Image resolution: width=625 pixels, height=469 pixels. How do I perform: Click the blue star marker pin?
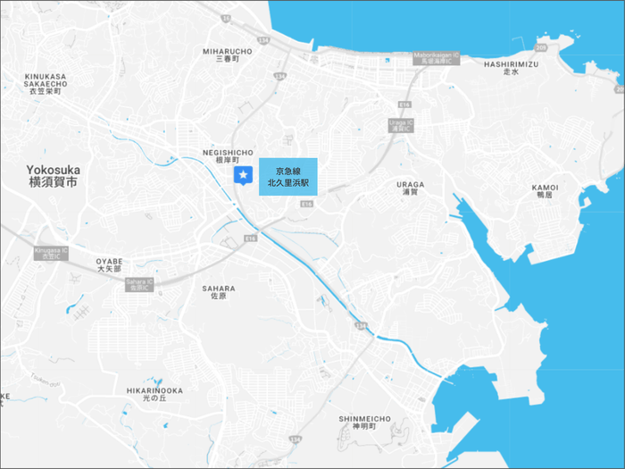(242, 176)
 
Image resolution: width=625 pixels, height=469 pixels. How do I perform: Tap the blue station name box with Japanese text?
(287, 176)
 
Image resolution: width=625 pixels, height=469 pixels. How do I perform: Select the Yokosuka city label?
(53, 174)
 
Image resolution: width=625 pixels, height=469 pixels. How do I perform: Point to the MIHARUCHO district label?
(228, 55)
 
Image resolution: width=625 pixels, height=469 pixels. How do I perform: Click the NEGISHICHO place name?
(229, 155)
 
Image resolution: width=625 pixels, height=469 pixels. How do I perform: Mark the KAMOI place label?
(545, 190)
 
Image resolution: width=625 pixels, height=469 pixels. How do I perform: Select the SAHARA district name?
(219, 293)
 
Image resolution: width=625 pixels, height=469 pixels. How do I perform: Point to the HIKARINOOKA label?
(154, 395)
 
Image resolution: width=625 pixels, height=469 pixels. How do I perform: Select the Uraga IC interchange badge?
(401, 124)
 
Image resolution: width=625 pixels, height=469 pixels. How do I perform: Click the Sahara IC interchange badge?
(138, 284)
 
